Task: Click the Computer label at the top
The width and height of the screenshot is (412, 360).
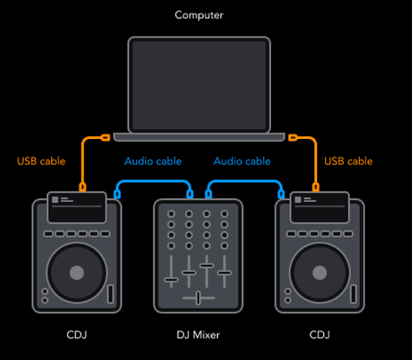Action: tap(199, 15)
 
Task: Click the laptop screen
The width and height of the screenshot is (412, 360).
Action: tap(200, 85)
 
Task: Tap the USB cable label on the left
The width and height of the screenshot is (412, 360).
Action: tap(41, 161)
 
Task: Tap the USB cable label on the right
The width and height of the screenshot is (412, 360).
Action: tap(349, 161)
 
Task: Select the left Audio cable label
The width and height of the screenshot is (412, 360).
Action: tap(153, 161)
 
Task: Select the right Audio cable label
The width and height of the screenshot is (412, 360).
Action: tap(242, 161)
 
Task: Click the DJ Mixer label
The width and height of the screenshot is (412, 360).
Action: tap(198, 335)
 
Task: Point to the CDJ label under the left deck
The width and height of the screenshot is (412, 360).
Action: tap(77, 335)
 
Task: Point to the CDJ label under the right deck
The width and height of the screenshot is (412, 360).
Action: tap(320, 335)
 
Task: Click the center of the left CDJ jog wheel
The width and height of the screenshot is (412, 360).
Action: tap(77, 273)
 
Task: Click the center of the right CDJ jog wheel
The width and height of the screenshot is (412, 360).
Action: tap(320, 273)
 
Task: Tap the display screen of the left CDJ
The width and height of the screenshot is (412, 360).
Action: tap(77, 207)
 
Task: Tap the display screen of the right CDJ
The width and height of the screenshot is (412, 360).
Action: tap(320, 207)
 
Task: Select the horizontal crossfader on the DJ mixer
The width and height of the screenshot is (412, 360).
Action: tap(198, 298)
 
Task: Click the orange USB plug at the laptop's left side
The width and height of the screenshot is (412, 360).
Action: tap(105, 138)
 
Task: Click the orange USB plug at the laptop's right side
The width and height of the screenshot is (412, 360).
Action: tap(292, 138)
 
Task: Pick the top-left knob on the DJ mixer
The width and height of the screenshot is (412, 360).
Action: tap(171, 214)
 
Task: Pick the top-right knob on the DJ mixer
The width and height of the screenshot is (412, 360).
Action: tap(224, 214)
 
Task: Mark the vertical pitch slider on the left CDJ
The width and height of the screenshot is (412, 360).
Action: tap(111, 294)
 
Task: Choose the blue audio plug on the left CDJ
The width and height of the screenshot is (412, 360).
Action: tap(117, 194)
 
